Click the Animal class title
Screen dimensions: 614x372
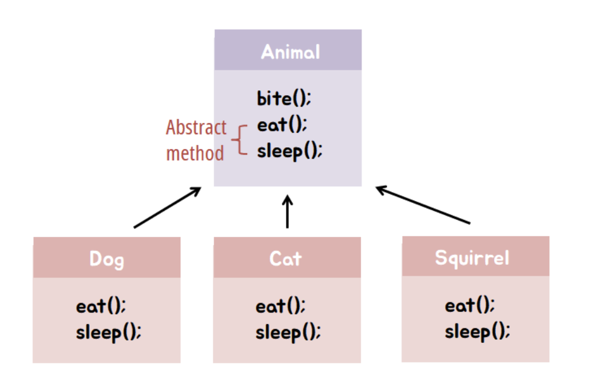coord(290,51)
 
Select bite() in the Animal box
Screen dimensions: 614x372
coord(284,98)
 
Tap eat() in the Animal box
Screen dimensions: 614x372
coord(282,125)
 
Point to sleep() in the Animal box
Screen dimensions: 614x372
coord(290,151)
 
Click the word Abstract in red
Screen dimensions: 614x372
coord(196,127)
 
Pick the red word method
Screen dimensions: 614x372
coord(195,153)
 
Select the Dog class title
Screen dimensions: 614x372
coord(107,259)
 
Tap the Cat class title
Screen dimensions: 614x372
coord(285,259)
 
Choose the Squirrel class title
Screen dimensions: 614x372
coord(472,258)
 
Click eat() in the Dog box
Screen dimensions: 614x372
coord(101,306)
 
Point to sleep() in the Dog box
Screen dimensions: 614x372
coord(109,333)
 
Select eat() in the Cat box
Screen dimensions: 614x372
coord(280,306)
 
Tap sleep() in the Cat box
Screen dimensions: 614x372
coord(288,333)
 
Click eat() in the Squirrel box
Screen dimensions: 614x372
coord(470,305)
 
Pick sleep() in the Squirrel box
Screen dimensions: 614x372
coord(478,331)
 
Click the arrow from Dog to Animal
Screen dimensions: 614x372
coord(168,207)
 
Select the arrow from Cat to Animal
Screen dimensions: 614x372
coord(288,211)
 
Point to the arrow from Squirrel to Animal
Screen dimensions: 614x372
coord(423,205)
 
